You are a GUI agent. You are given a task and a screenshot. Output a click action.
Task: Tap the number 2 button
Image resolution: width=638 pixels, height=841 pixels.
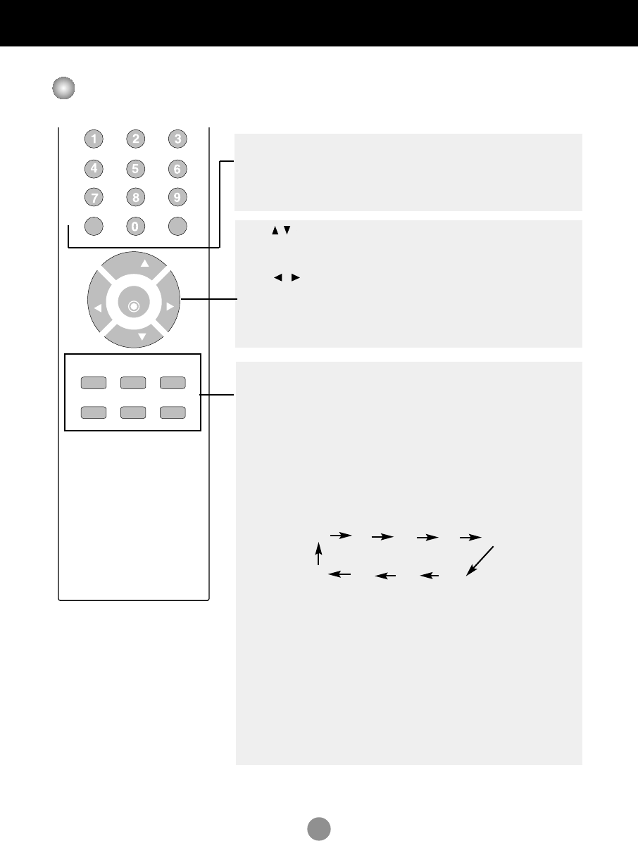coord(135,139)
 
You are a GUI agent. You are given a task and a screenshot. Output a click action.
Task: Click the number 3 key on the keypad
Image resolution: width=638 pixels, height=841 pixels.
coord(177,139)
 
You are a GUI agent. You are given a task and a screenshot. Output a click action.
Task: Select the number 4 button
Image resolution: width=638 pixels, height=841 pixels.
coord(93,169)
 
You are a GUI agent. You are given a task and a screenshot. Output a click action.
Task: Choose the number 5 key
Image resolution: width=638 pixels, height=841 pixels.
coord(135,169)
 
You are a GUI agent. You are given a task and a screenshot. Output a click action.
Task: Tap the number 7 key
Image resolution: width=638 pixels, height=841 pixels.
coord(93,198)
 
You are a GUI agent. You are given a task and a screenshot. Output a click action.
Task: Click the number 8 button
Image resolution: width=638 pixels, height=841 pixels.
coord(135,198)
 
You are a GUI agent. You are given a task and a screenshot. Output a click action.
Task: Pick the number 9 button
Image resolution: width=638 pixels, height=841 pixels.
coord(177,198)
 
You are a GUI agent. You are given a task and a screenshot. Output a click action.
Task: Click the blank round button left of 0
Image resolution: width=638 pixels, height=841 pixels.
coord(93,227)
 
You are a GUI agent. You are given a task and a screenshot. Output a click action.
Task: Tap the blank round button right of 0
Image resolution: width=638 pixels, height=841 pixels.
coord(177,227)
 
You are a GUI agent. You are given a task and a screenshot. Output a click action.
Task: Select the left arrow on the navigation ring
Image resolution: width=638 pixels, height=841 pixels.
coord(98,308)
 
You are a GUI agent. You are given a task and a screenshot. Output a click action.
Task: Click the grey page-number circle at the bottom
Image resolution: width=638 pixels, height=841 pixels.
coord(318,828)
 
